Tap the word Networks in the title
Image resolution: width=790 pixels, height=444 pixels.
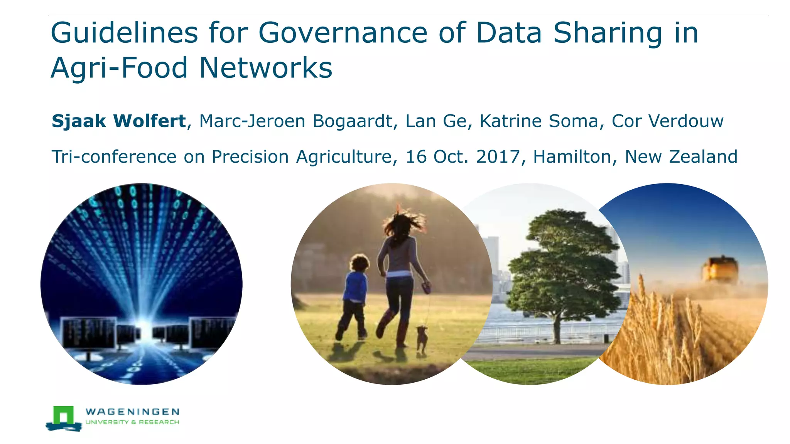coord(266,69)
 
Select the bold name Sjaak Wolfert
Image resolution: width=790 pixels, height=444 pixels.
coord(119,121)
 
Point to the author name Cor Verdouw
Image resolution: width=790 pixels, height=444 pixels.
coord(667,121)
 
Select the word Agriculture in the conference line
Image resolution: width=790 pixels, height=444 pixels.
coord(344,157)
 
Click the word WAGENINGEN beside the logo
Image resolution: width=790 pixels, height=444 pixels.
coord(132,412)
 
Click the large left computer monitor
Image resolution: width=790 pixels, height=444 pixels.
coord(89,332)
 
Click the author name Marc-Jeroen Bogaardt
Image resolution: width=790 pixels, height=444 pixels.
coord(295,121)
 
